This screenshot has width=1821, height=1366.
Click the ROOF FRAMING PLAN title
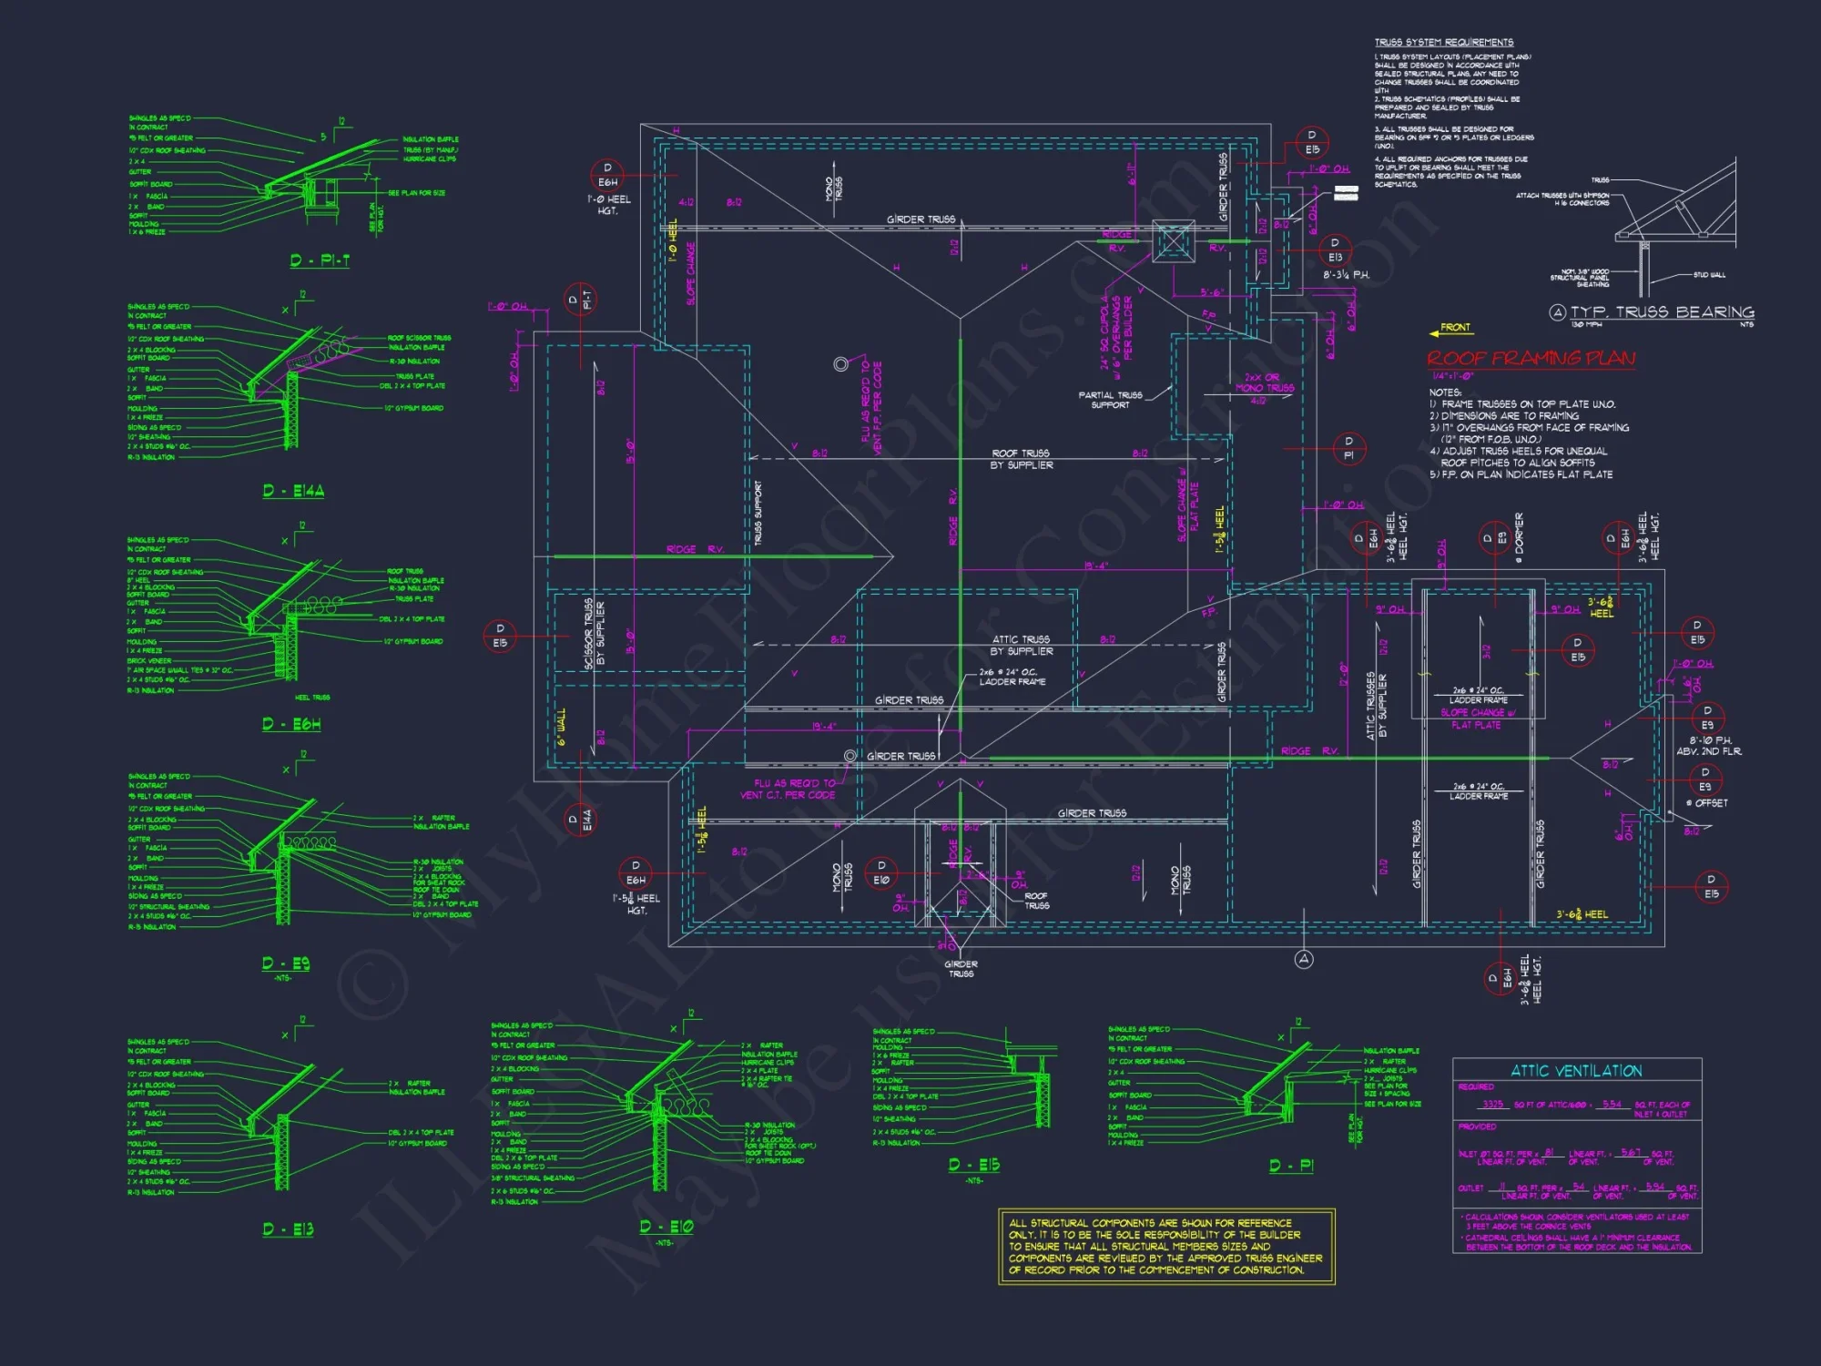pyautogui.click(x=1531, y=358)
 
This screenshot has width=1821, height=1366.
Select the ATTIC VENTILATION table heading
pyautogui.click(x=1576, y=1071)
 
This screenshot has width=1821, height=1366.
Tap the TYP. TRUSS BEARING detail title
pyautogui.click(x=1662, y=312)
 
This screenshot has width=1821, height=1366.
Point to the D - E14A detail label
pyautogui.click(x=293, y=491)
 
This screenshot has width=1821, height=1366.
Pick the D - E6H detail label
pyautogui.click(x=291, y=724)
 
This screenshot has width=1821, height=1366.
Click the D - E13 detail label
pyautogui.click(x=288, y=1229)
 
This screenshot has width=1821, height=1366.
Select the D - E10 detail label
pyautogui.click(x=666, y=1227)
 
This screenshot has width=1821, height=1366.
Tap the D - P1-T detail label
pyautogui.click(x=320, y=260)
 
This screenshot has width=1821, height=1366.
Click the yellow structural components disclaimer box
pyautogui.click(x=1166, y=1246)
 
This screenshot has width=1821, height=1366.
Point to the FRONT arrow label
pyautogui.click(x=1454, y=328)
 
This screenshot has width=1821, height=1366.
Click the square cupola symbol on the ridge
pyautogui.click(x=1173, y=241)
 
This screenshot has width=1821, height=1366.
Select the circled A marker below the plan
pyautogui.click(x=1304, y=959)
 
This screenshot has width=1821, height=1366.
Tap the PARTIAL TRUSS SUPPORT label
pyautogui.click(x=1110, y=400)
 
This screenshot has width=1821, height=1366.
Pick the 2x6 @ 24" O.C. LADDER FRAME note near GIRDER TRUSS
pyautogui.click(x=1012, y=677)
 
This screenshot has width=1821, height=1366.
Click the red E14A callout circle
pyautogui.click(x=580, y=820)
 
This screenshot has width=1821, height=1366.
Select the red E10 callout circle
pyautogui.click(x=880, y=873)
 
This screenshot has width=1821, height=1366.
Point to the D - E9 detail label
pyautogui.click(x=286, y=963)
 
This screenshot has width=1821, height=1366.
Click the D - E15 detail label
pyautogui.click(x=973, y=1165)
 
